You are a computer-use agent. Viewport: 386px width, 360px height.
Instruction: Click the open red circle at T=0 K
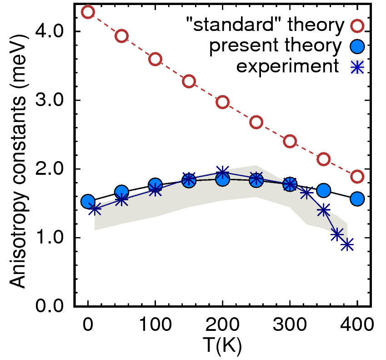[x=88, y=12]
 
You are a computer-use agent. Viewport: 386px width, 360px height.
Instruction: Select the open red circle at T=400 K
[x=357, y=177]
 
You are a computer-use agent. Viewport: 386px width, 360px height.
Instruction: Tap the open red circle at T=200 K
[x=222, y=102]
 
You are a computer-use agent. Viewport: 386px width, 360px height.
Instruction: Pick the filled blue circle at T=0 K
[x=88, y=202]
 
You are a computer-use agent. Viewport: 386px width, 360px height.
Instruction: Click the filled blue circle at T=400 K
[x=357, y=198]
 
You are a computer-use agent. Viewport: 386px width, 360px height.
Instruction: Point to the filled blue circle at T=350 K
[x=324, y=190]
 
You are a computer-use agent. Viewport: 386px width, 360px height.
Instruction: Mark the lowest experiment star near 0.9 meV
[x=347, y=244]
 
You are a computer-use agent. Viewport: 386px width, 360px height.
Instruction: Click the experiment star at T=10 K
[x=95, y=209]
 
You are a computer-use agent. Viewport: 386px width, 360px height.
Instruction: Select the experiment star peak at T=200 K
[x=222, y=172]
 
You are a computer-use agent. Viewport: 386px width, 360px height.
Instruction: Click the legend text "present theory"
[x=275, y=46]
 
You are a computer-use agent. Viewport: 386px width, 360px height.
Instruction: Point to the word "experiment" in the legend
[x=288, y=66]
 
